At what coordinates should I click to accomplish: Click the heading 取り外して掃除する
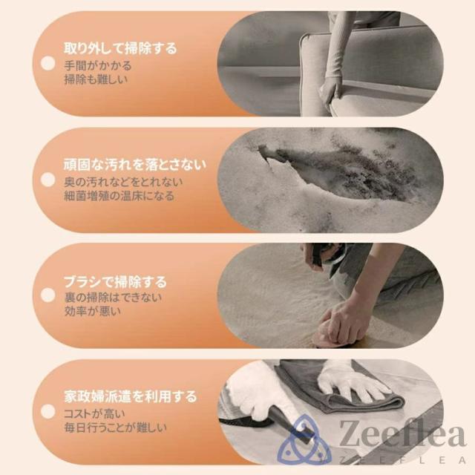[120, 48]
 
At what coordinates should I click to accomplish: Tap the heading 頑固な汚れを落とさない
[135, 165]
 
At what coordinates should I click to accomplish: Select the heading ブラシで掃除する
[116, 281]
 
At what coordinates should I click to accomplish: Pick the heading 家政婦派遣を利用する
[131, 396]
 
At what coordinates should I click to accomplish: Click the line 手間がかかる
[98, 66]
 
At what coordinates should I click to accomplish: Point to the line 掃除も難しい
[96, 79]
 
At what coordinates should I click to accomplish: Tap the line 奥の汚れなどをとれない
[124, 182]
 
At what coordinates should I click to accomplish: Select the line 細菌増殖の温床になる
[119, 196]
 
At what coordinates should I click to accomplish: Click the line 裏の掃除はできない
[113, 298]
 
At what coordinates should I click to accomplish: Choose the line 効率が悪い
[92, 311]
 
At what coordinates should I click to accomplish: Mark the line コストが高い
[94, 413]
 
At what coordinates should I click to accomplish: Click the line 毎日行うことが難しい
[116, 427]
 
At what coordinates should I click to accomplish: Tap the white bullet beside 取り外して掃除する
[47, 63]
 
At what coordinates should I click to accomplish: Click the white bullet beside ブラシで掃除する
[47, 295]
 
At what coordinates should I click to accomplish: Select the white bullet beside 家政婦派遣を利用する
[47, 411]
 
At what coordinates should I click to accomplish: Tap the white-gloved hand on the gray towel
[351, 379]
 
